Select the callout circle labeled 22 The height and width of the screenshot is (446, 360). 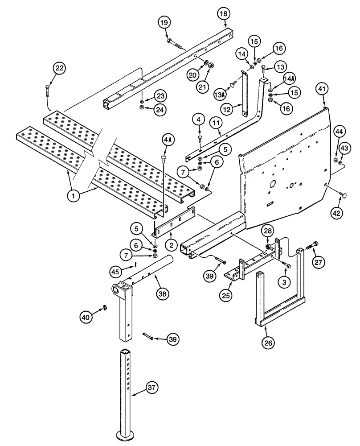tap(59, 68)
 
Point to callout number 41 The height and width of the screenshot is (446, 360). tap(323, 90)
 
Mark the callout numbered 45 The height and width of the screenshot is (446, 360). tap(116, 271)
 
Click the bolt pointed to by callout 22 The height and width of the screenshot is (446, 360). tap(48, 91)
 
